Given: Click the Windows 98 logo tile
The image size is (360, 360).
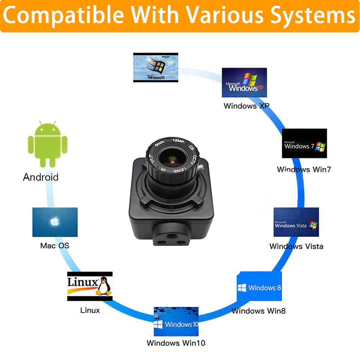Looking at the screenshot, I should pos(156,67).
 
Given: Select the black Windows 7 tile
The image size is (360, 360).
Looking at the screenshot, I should pos(304,143).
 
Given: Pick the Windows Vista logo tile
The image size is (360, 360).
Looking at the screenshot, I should pos(296,222).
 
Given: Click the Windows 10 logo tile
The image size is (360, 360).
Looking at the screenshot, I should pos(176,321).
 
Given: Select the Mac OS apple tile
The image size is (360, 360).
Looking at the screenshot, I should pos(55,222).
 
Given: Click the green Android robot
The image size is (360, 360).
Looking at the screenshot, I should pos(48,144).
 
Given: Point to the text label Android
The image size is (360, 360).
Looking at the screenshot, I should pos(41,177).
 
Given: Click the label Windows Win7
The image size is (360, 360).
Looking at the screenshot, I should pos(304,169).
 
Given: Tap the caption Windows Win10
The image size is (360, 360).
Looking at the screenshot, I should pos(176,343).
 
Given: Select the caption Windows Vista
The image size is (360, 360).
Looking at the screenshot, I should pos(296,246).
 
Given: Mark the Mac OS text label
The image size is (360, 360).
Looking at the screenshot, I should pos(55,246).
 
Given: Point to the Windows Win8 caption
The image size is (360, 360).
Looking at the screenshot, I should pos(259,311).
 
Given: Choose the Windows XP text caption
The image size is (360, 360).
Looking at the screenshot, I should pos(246,106).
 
